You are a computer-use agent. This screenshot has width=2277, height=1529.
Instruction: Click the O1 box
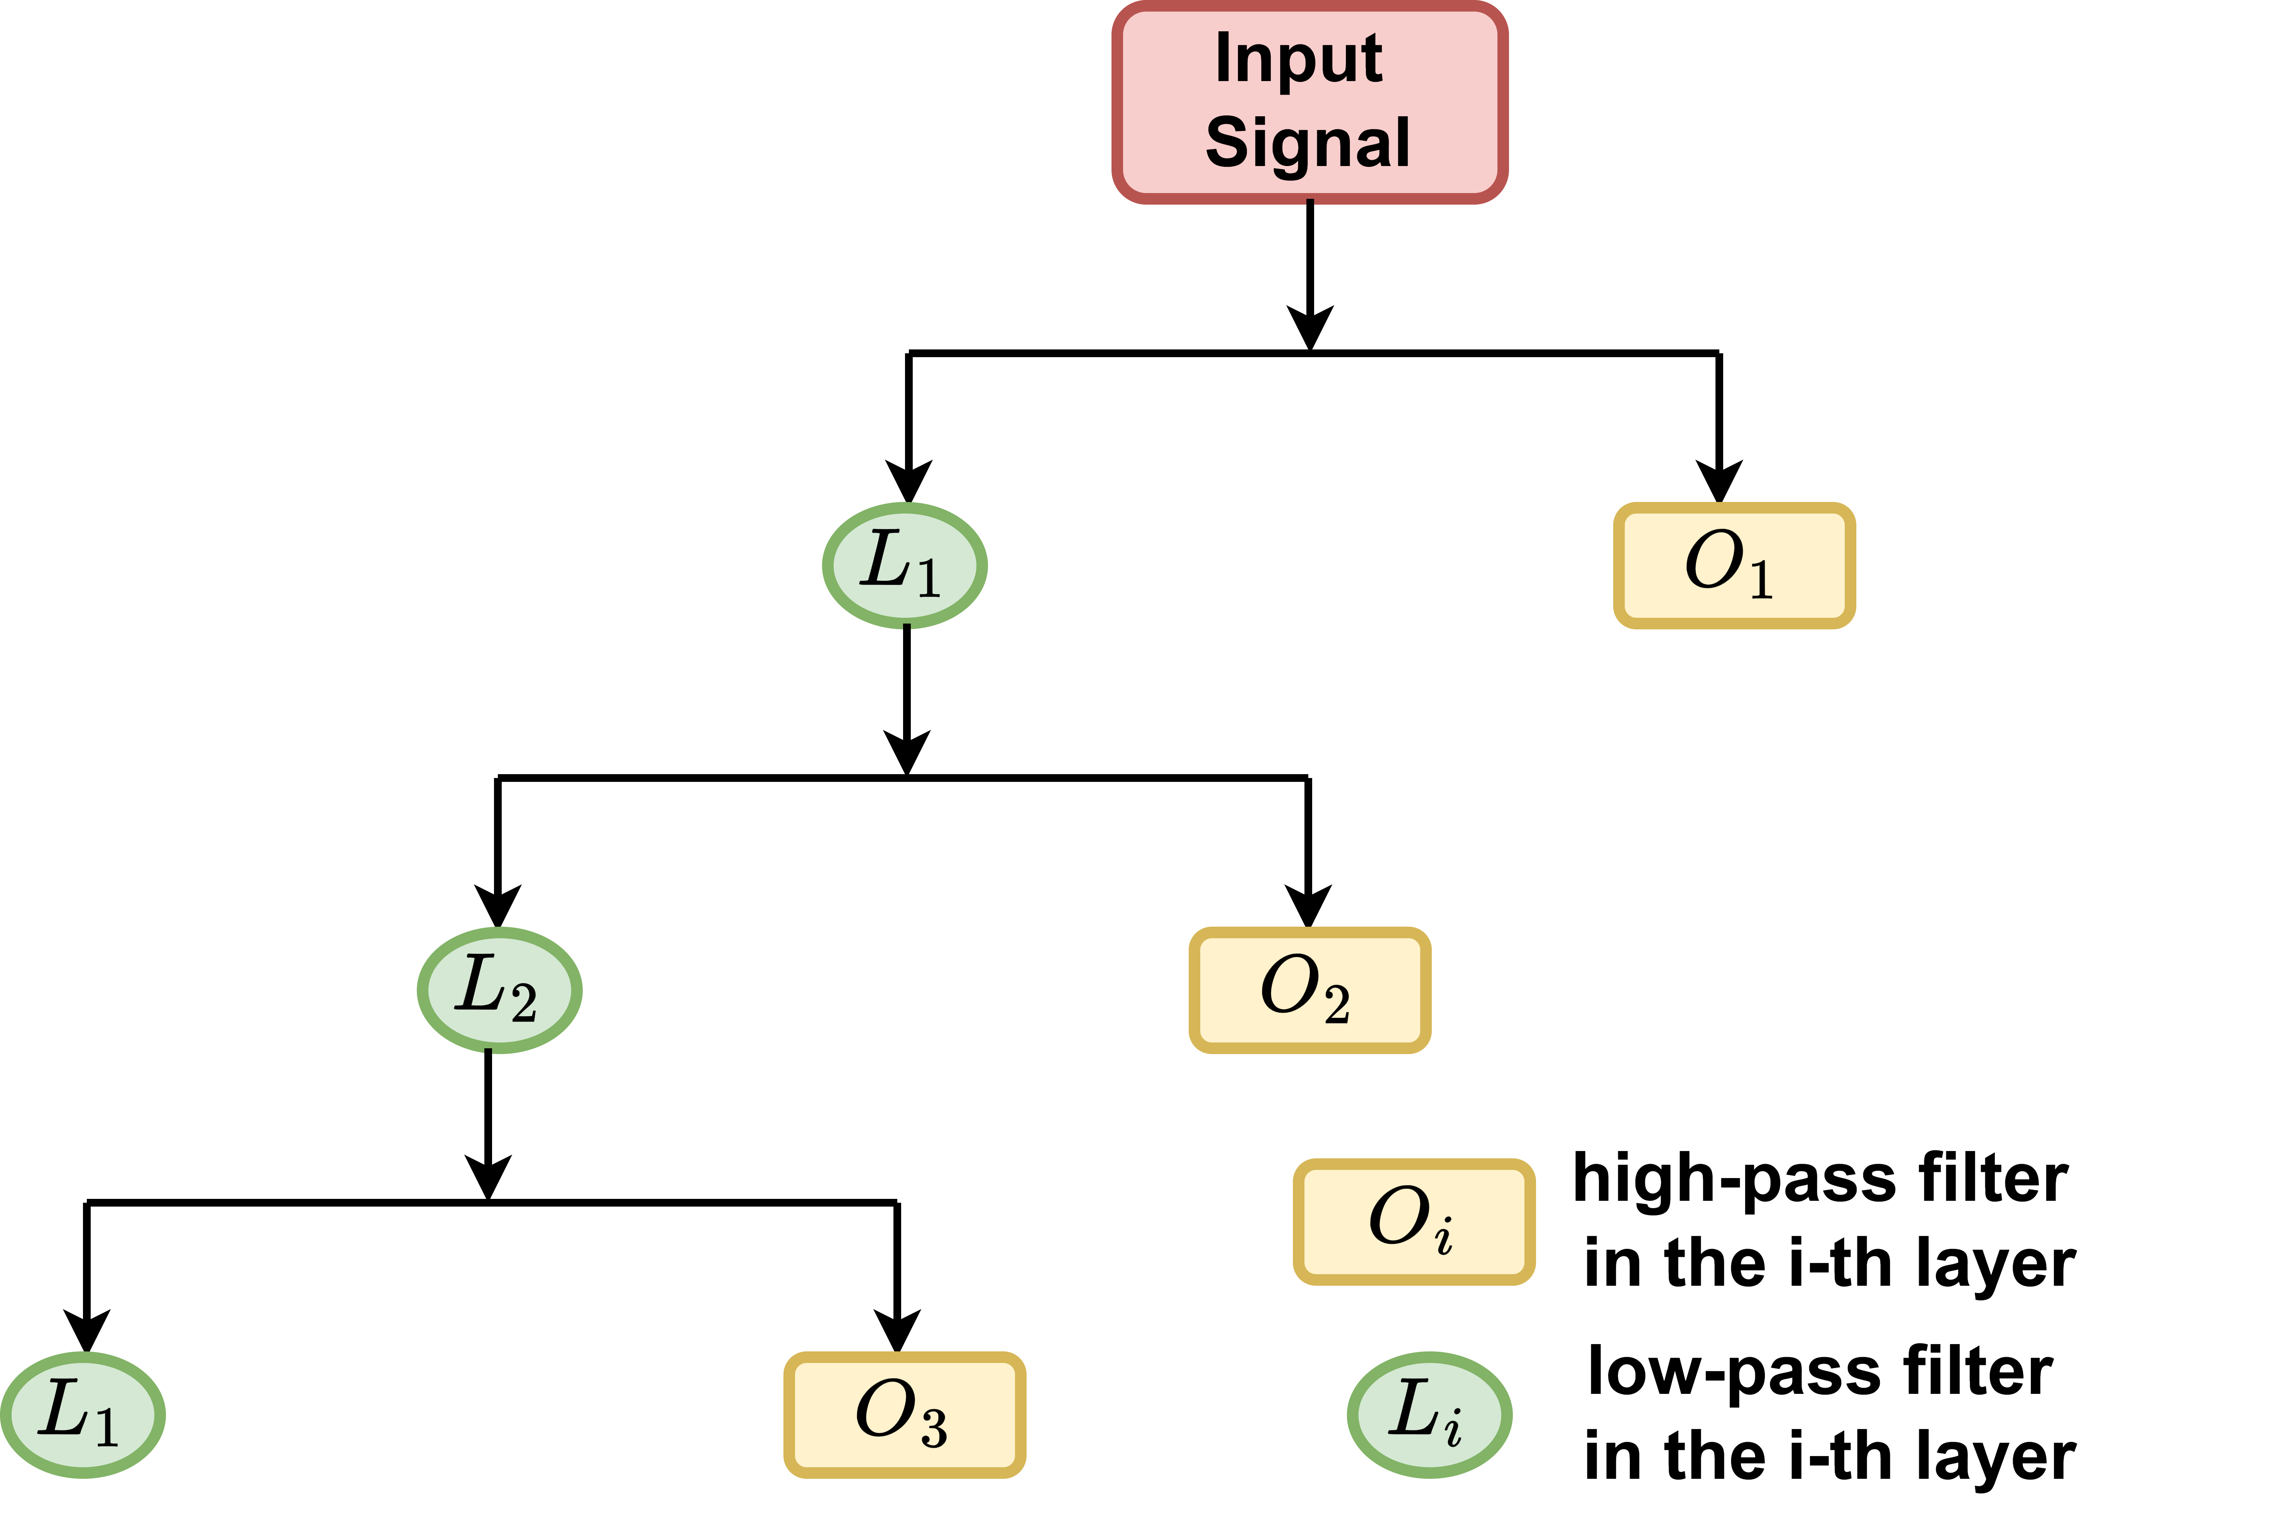click(1734, 566)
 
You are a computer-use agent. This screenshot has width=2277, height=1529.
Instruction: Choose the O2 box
click(1309, 990)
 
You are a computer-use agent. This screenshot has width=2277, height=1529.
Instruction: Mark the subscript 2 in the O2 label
click(1336, 1004)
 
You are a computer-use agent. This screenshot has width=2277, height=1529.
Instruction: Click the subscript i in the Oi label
click(1444, 1236)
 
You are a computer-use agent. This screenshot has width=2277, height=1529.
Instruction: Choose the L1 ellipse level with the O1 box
click(905, 566)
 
